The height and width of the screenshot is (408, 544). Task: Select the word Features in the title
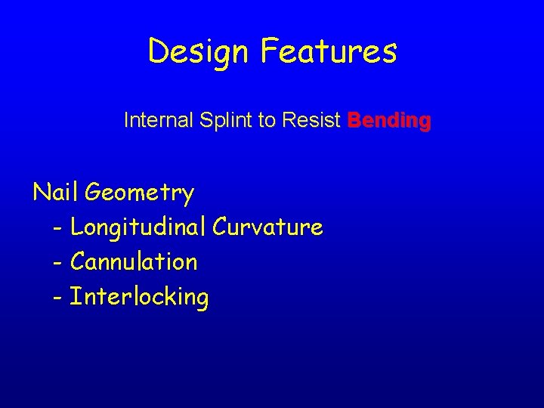[x=329, y=51]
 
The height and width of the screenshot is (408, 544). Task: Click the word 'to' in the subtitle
[x=265, y=120]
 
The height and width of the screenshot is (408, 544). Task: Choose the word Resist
[x=311, y=120]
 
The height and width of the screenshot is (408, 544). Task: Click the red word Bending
[x=389, y=120]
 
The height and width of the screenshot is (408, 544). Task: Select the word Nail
[x=56, y=193]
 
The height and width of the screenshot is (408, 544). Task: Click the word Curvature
[x=268, y=227]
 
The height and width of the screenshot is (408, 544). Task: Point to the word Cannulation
[x=134, y=262]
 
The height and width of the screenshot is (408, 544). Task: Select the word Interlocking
[x=139, y=297]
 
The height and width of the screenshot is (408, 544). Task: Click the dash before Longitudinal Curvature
[x=59, y=227]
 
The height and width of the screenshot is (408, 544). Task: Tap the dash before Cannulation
[x=59, y=262]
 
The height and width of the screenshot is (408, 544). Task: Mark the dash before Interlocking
[x=59, y=297]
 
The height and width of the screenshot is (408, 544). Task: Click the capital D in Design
[x=158, y=51]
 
